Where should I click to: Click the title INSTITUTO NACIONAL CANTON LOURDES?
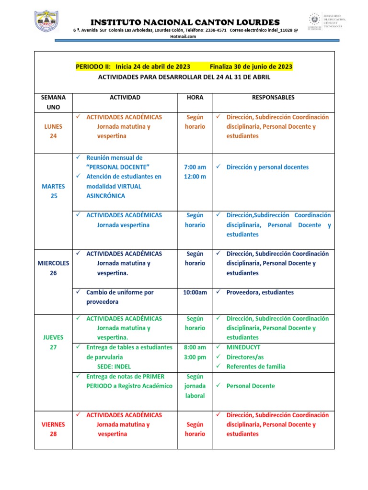pos(185,22)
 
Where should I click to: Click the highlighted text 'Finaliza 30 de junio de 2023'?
pos(251,67)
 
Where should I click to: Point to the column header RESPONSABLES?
pos(273,97)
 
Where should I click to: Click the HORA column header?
pos(195,97)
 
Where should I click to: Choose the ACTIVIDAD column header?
pos(125,97)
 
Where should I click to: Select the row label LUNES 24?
pos(53,131)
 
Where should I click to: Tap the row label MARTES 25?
pos(53,191)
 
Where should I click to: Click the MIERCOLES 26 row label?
pos(53,268)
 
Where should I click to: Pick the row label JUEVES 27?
pos(53,342)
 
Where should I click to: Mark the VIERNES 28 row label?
pos(53,429)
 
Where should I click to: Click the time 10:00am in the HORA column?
pos(195,292)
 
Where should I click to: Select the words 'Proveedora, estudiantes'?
pos(260,292)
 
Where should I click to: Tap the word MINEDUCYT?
pos(243,347)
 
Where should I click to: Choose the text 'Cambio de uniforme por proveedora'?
pos(120,297)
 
